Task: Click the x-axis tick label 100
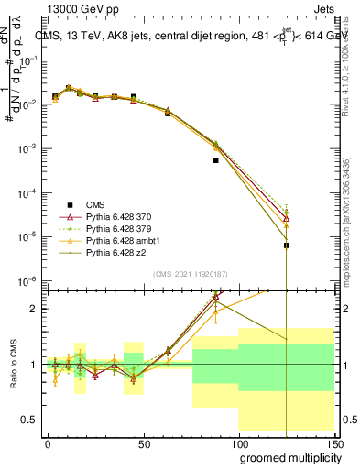point(239,442)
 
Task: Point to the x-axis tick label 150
point(334,442)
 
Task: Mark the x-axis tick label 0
point(48,442)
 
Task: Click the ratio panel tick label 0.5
point(31,420)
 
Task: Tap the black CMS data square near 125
point(287,245)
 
